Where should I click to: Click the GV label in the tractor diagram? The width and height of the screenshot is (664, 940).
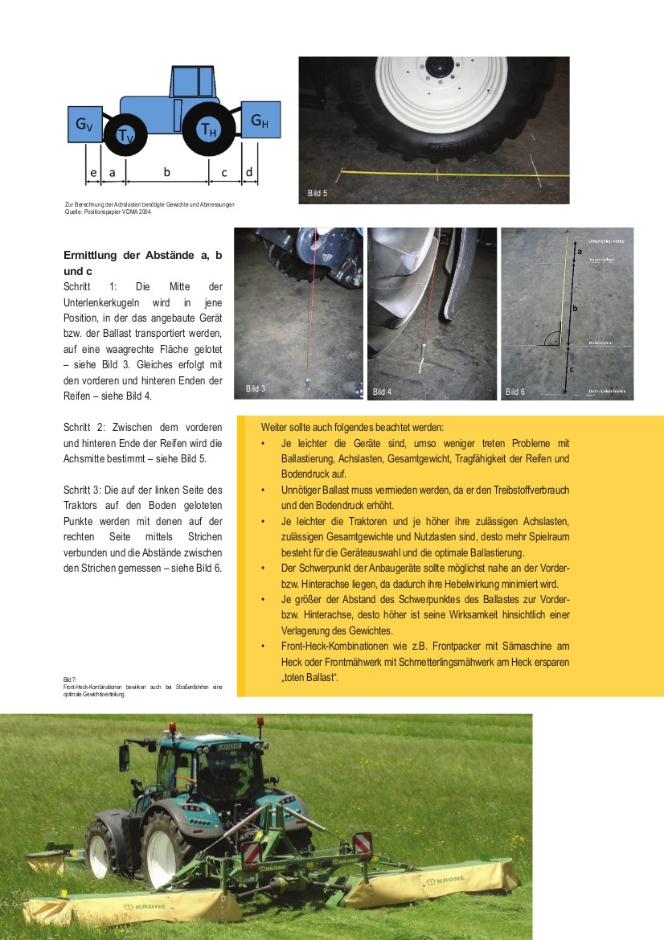click(x=84, y=124)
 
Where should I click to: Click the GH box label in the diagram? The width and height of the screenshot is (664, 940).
click(x=260, y=121)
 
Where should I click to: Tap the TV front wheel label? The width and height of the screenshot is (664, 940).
click(x=125, y=137)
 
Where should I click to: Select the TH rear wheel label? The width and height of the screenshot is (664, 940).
click(x=208, y=129)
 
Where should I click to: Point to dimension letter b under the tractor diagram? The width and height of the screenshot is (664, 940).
click(x=166, y=172)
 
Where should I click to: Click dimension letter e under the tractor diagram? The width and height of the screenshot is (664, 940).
click(x=92, y=172)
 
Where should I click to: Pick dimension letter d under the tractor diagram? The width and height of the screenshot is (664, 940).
click(x=249, y=172)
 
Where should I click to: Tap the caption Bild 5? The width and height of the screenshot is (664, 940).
click(x=318, y=193)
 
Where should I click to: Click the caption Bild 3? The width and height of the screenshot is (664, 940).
click(x=256, y=389)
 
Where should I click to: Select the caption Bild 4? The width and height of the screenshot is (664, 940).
click(x=382, y=392)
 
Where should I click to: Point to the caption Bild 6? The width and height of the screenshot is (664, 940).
click(x=514, y=392)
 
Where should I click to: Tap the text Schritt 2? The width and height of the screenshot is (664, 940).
click(x=85, y=428)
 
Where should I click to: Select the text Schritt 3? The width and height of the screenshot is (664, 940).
click(x=85, y=490)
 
